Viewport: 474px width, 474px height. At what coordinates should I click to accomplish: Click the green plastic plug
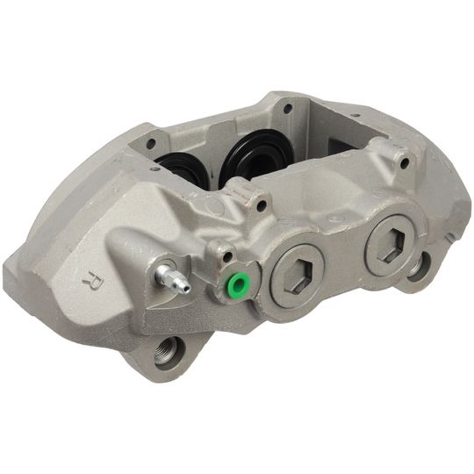(x=236, y=284)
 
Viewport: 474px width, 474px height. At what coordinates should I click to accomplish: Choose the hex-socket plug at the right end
(x=389, y=245)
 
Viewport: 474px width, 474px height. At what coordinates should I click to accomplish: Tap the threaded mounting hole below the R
(x=165, y=355)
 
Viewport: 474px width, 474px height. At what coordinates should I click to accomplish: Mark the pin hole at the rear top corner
(x=287, y=109)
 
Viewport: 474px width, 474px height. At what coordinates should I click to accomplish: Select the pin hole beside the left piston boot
(x=151, y=142)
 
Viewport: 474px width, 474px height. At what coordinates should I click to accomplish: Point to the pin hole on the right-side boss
(x=404, y=162)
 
